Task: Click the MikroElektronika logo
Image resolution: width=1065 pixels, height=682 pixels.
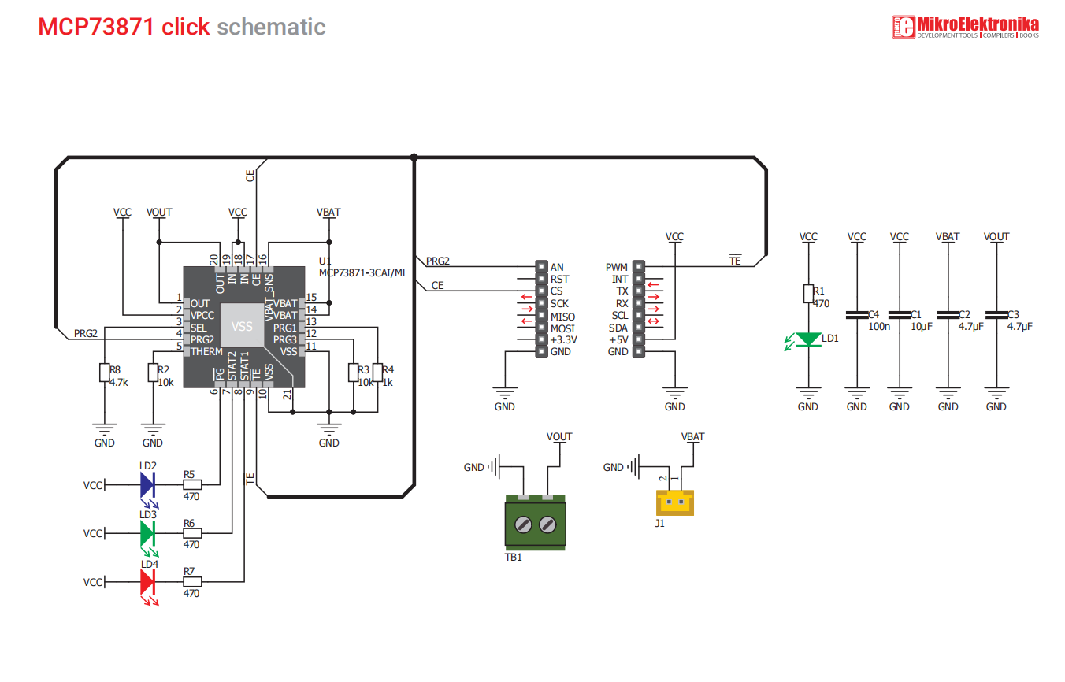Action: coord(965,28)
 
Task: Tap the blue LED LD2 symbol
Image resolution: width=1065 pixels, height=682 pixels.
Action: coord(147,484)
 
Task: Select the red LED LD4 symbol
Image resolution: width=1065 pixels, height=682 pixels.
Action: coord(147,581)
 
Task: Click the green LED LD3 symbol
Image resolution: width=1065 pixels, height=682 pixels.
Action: coord(147,533)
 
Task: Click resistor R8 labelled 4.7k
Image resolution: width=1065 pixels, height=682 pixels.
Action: coord(104,373)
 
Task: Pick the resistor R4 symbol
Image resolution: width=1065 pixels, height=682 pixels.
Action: coord(378,373)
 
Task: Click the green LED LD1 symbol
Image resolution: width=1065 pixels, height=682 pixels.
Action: coord(808,339)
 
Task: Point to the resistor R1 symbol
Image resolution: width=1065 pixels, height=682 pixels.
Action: coord(808,294)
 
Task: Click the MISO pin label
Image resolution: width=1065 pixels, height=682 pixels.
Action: coord(562,316)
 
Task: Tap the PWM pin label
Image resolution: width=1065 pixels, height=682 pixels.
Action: coord(617,268)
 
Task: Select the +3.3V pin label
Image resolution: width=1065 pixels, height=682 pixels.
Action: coord(564,340)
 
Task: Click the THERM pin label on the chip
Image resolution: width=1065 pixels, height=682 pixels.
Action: coord(206,351)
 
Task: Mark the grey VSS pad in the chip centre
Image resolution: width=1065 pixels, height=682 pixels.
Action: coord(242,326)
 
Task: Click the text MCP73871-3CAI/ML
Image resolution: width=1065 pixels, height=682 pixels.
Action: coord(363,272)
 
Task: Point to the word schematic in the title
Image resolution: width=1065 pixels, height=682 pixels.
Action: coord(271,27)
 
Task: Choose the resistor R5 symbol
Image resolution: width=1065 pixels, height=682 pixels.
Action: coord(192,484)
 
